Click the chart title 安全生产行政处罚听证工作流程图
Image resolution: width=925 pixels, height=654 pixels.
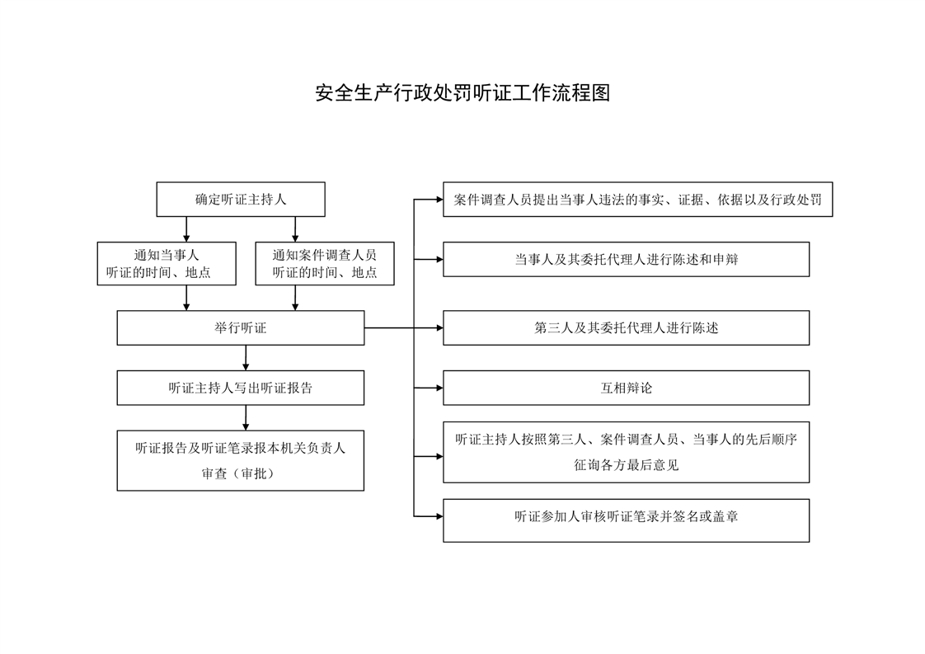click(x=462, y=92)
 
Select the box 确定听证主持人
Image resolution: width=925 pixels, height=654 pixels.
click(x=241, y=200)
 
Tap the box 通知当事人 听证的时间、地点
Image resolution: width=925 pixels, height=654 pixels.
click(x=167, y=263)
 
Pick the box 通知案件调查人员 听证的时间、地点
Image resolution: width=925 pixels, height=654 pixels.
click(x=325, y=263)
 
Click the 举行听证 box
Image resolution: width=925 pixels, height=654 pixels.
click(x=241, y=327)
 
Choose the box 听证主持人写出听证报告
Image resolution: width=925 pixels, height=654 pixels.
click(x=241, y=388)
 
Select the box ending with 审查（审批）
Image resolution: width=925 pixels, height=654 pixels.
click(x=241, y=460)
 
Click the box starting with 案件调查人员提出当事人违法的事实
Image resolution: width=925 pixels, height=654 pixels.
click(x=638, y=200)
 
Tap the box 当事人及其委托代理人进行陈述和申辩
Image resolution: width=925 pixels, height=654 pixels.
click(x=626, y=259)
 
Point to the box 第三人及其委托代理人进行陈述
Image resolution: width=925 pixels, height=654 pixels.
click(x=626, y=327)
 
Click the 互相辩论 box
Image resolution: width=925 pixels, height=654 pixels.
click(x=626, y=388)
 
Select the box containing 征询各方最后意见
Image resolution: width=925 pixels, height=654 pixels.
click(x=626, y=452)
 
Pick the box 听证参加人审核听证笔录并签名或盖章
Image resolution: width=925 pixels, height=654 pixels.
click(x=626, y=520)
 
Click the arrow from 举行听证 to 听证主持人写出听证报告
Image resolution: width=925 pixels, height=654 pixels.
click(x=246, y=358)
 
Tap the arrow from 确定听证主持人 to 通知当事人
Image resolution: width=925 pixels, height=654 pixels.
click(x=186, y=229)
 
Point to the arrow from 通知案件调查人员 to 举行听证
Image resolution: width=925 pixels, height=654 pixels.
click(x=295, y=298)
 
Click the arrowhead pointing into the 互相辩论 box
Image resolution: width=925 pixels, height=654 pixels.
click(x=439, y=388)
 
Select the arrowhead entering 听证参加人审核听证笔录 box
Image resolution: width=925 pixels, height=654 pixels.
click(x=439, y=516)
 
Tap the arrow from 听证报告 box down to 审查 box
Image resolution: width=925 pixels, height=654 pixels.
click(x=246, y=417)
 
